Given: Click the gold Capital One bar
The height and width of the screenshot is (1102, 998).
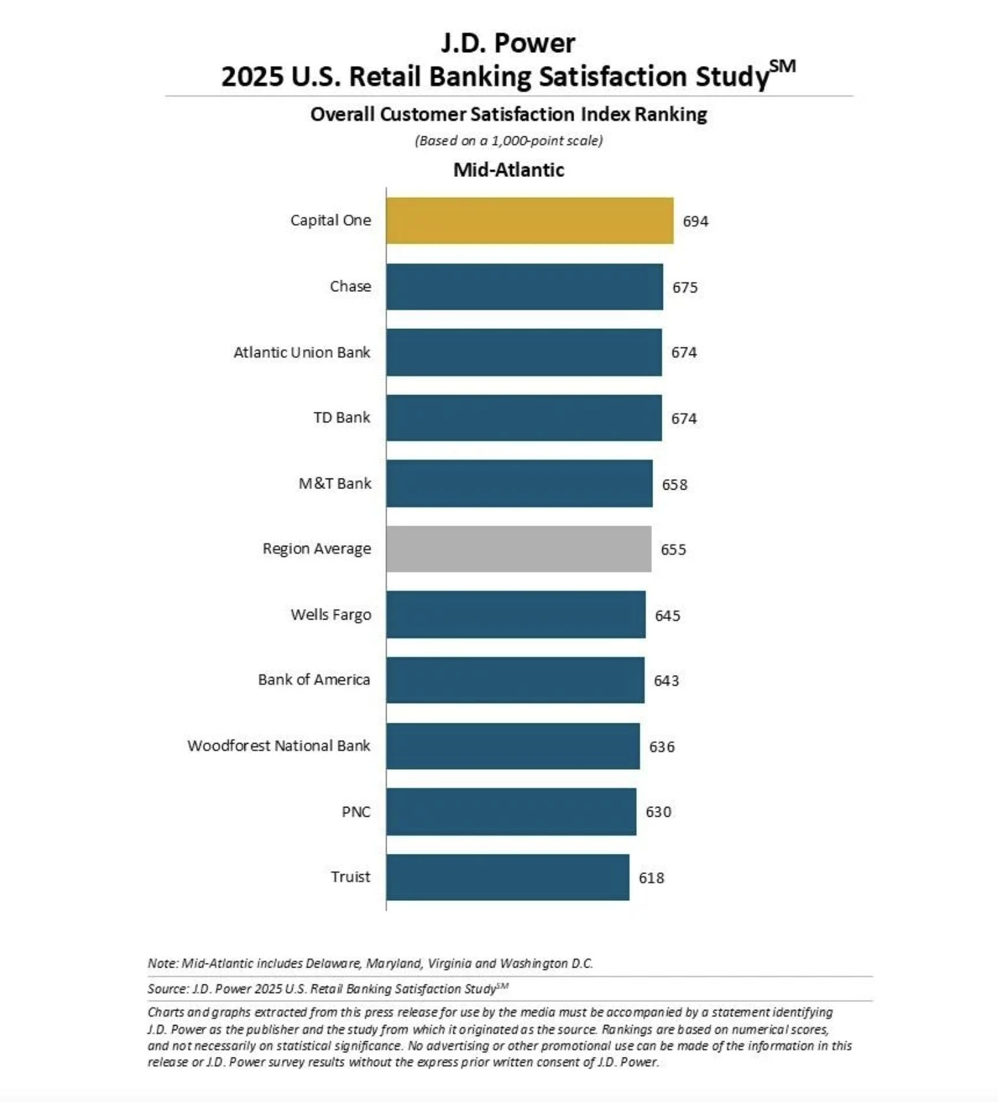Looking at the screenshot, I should pos(529,221).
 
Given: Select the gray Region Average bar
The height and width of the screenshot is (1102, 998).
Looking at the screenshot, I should pos(518,549).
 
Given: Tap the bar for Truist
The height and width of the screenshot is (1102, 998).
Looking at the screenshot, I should pos(507,877).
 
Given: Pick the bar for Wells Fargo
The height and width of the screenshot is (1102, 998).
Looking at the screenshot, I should pos(515,615).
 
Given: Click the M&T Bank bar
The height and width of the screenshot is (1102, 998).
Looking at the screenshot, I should pos(519,484).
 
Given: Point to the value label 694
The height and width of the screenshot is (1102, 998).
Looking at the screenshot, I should pos(695,221).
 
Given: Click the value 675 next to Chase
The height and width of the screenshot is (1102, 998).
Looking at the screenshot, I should pos(684,287).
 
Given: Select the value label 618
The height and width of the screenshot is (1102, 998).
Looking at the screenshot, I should pos(651,878).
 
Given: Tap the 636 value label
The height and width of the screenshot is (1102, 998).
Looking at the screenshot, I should pos(661,747).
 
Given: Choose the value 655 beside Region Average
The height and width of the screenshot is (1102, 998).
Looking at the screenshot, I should pos(673,550).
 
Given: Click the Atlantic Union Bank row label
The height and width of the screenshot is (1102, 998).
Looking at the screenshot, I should pos(302,353).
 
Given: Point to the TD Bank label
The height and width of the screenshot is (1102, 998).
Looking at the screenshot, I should pos(342,418).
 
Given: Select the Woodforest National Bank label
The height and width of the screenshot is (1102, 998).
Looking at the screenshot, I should pos(279,746).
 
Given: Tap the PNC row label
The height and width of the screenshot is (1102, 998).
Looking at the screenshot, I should pos(356,812).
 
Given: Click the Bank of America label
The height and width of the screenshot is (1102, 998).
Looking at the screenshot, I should pos(314,680).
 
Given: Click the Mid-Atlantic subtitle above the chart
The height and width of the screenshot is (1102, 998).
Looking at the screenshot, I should pos(508,170).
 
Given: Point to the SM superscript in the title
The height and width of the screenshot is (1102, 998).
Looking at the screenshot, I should pos(782,66).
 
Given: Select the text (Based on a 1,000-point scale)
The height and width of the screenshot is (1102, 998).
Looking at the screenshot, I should pos(508,141).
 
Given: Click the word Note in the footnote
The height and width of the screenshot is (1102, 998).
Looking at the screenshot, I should pos(162,964).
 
